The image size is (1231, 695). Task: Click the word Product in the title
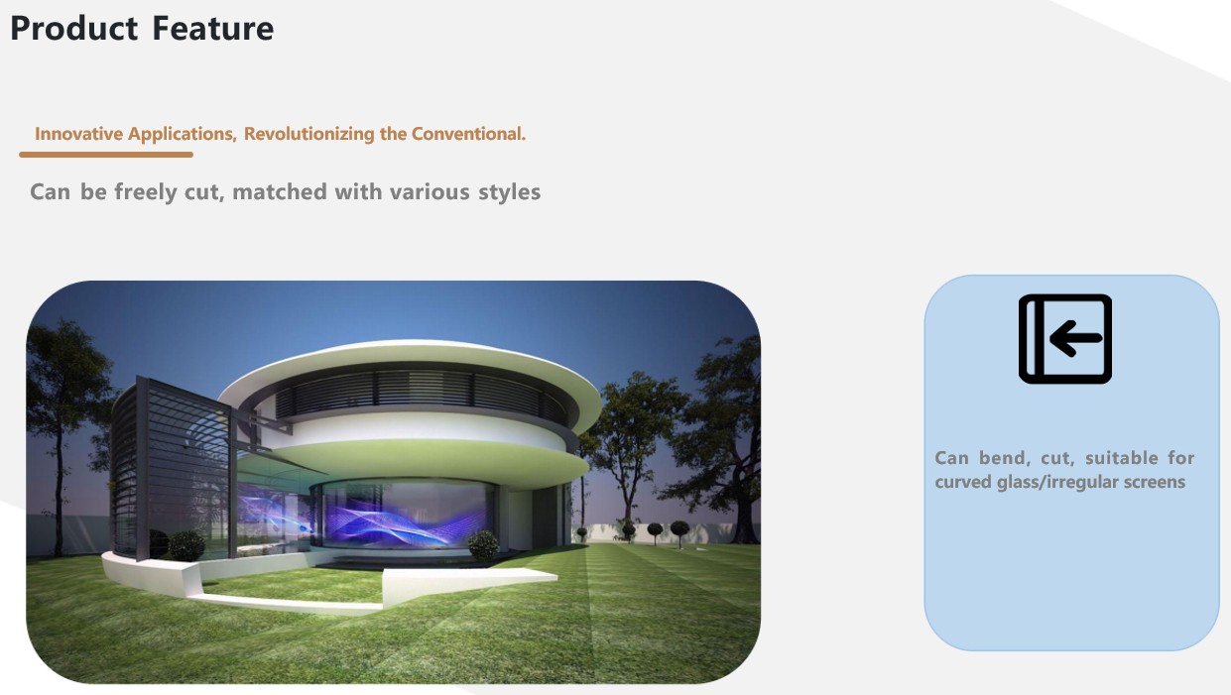[73, 29]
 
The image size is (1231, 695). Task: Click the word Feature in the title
[212, 29]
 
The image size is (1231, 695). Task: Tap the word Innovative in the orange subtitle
[78, 134]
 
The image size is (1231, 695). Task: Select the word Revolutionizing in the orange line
[308, 134]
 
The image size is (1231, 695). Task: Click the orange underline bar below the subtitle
[106, 155]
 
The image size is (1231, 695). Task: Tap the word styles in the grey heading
[510, 192]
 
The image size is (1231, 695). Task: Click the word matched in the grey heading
[279, 191]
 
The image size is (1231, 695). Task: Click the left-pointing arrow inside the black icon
[1075, 338]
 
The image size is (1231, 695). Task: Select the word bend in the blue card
[1005, 458]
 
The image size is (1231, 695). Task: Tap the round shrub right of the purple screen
[483, 544]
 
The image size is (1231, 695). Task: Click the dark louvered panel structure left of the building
[171, 467]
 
